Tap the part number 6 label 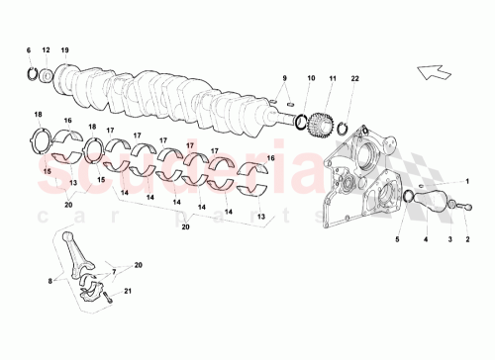tap(29, 49)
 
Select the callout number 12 tap(46, 49)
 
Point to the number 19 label tap(64, 49)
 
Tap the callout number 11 tap(333, 77)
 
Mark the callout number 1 tap(468, 182)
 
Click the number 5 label tap(399, 239)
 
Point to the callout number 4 tap(427, 239)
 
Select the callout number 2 tap(468, 239)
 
